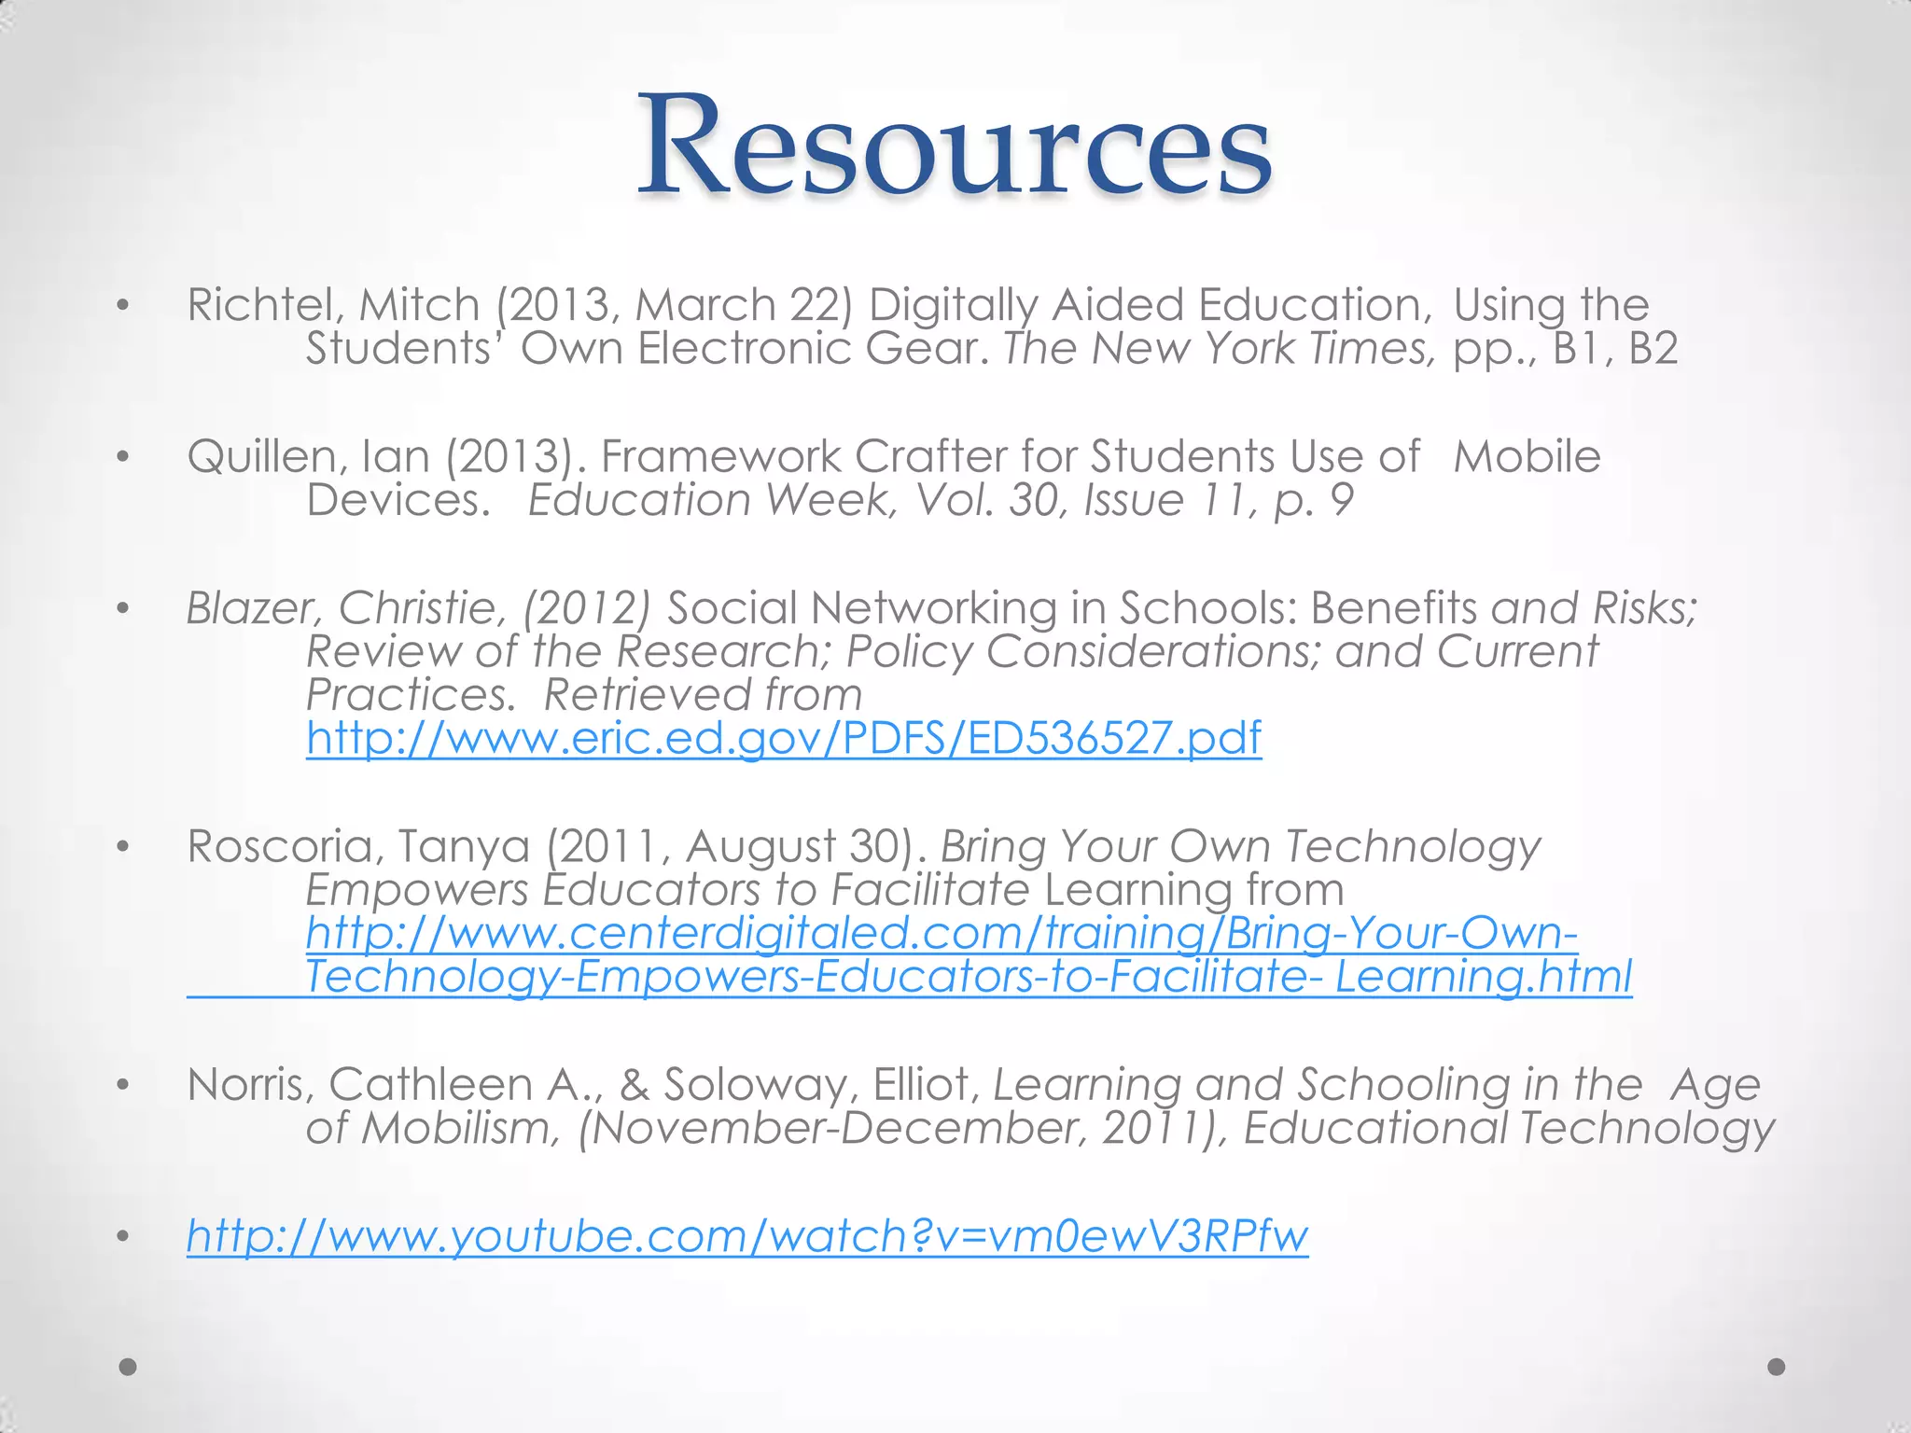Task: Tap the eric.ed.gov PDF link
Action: coord(784,738)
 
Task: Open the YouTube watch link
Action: coord(746,1235)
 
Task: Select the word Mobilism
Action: coord(461,1128)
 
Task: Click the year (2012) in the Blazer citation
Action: coord(585,608)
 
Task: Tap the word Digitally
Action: coord(953,305)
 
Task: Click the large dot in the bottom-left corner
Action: coord(129,1367)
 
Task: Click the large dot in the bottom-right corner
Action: coord(1777,1367)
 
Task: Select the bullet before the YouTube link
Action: coord(122,1237)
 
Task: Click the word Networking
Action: coord(933,608)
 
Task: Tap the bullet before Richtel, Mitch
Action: coord(122,305)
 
